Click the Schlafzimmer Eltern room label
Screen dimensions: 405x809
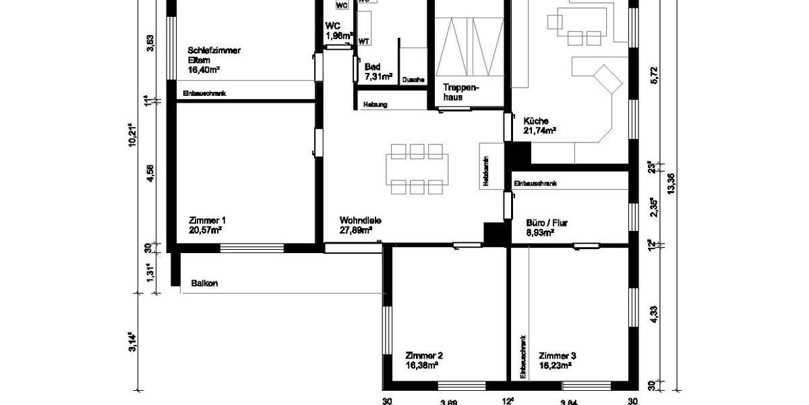click(214, 55)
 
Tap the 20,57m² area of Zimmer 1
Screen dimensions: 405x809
click(206, 230)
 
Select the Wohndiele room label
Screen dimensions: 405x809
click(361, 220)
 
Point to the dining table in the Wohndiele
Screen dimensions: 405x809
click(417, 169)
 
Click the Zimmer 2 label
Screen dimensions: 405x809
click(424, 355)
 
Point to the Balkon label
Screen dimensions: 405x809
click(204, 283)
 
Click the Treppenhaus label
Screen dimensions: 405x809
click(460, 92)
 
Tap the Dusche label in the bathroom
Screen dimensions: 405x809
click(413, 80)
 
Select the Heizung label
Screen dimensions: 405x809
click(375, 105)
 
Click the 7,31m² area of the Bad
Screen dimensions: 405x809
click(378, 77)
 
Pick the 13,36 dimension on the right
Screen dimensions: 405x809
click(670, 182)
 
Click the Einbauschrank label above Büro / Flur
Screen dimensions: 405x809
click(535, 184)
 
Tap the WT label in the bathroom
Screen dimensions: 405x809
click(363, 41)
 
